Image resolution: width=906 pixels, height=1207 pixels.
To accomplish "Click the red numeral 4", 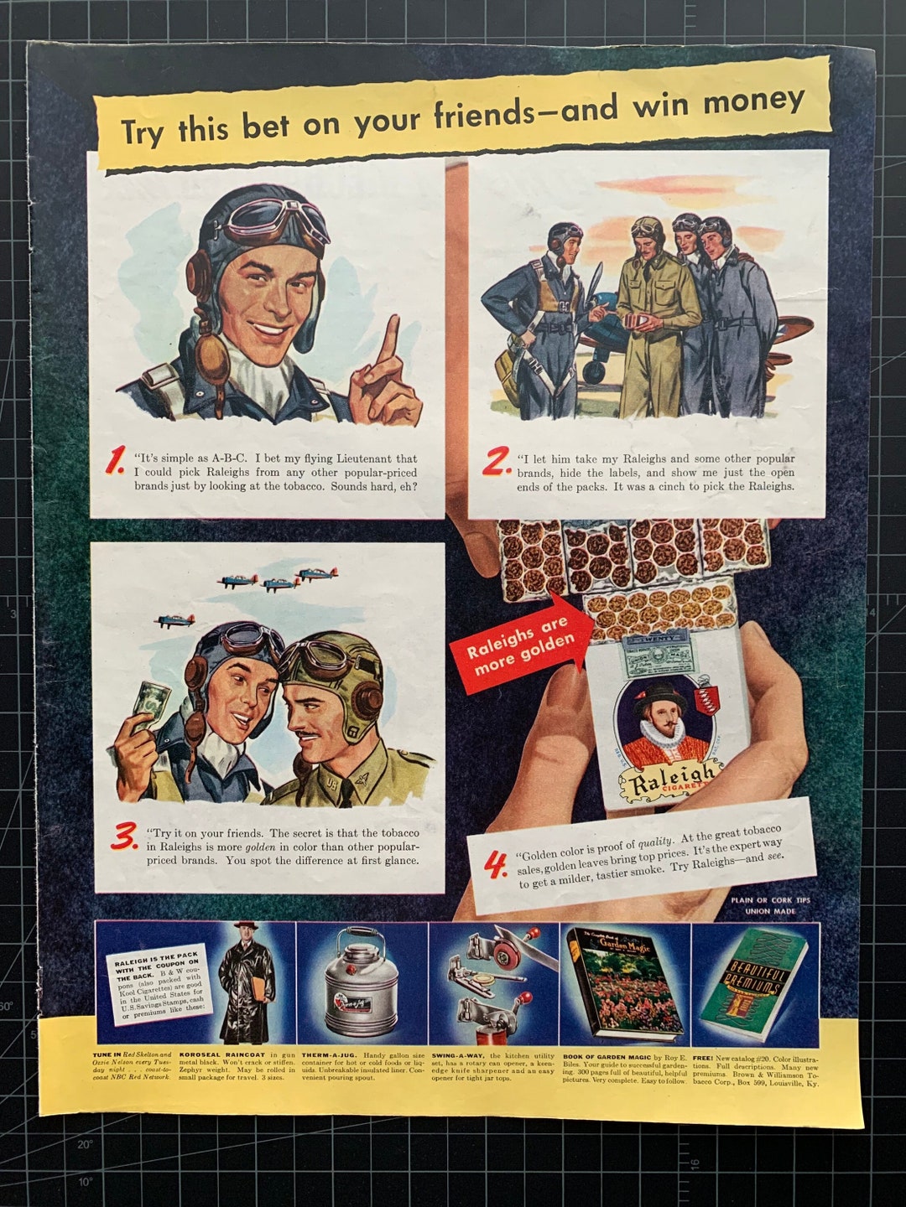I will click(497, 865).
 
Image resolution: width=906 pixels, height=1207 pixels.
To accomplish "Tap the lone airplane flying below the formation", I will click(174, 621).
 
